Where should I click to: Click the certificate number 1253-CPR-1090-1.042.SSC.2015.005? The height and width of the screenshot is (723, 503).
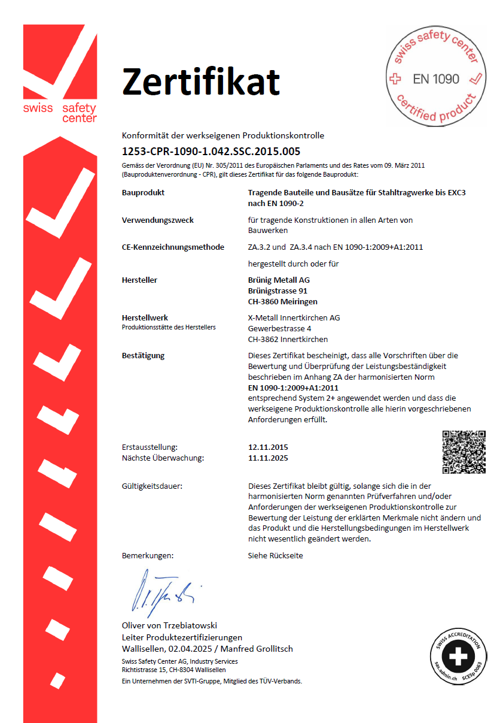point(211,151)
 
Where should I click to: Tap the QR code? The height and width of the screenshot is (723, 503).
point(464,452)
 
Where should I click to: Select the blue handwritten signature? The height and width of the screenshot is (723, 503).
point(162,589)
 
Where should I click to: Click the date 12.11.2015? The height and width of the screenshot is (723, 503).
point(268,447)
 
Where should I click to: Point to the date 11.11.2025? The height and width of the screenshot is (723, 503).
point(268,458)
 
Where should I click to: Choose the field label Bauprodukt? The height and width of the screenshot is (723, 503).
point(143,193)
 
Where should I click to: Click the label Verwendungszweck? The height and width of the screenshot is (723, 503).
point(157,220)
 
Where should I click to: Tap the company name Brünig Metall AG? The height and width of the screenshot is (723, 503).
point(279,280)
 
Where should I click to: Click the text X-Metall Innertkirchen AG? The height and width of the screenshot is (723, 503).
point(294,317)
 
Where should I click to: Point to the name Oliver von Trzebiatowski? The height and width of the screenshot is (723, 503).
point(169,626)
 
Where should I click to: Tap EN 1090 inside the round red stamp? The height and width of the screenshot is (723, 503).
point(436,79)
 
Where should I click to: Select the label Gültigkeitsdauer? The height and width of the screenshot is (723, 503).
point(152,486)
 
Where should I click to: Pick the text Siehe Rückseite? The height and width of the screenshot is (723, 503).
point(275,555)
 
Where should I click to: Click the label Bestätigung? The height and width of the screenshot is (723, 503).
point(143,355)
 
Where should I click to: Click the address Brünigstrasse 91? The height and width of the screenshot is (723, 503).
point(278,291)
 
